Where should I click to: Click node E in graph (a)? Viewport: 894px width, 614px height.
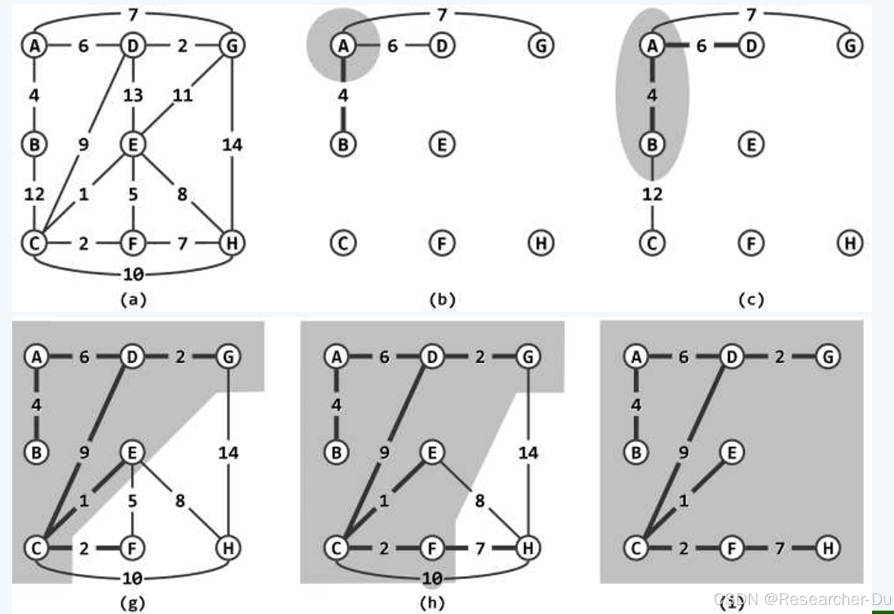(x=133, y=144)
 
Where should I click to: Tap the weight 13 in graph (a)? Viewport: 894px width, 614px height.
(x=133, y=95)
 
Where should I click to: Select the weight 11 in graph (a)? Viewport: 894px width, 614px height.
(x=182, y=95)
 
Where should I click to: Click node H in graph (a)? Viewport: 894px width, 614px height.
(x=232, y=242)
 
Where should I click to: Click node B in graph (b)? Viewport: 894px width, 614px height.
(x=343, y=144)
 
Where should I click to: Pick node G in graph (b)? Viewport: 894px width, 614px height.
(x=541, y=46)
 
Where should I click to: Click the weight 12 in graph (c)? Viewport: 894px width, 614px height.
(x=652, y=194)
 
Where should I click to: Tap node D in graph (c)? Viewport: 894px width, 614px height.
(x=751, y=46)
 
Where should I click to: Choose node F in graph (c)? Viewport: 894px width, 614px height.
(x=751, y=242)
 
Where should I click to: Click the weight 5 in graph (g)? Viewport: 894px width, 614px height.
(x=133, y=501)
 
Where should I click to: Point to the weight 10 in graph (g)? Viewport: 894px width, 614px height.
(x=133, y=579)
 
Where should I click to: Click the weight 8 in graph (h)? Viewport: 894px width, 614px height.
(x=480, y=501)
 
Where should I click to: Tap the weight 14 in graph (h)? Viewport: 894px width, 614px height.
(x=528, y=452)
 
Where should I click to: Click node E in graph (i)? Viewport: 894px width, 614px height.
(x=731, y=452)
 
